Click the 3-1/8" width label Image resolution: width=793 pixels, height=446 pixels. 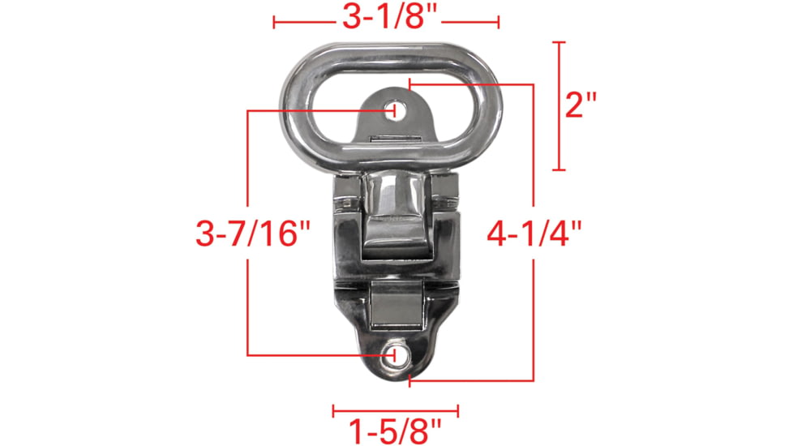click(385, 17)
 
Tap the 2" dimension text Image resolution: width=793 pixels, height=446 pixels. click(581, 105)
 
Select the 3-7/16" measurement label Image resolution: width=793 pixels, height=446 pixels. click(254, 234)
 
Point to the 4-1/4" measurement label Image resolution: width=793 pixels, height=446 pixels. click(535, 234)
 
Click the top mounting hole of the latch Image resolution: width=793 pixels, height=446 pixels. click(394, 109)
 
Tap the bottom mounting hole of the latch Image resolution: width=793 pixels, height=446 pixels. click(396, 354)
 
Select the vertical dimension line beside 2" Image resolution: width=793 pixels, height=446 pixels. click(558, 105)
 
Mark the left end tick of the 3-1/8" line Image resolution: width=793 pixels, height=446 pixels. click(274, 23)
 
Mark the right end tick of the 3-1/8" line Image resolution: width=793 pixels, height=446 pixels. click(497, 23)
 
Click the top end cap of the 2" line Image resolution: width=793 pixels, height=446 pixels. click(558, 41)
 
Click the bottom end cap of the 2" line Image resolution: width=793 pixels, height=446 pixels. click(558, 170)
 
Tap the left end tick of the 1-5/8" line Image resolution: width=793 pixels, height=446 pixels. click(333, 411)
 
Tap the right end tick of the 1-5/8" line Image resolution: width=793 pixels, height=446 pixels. click(458, 411)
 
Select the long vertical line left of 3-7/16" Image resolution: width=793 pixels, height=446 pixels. click(247, 162)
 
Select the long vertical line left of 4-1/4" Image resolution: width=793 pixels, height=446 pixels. click(533, 162)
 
